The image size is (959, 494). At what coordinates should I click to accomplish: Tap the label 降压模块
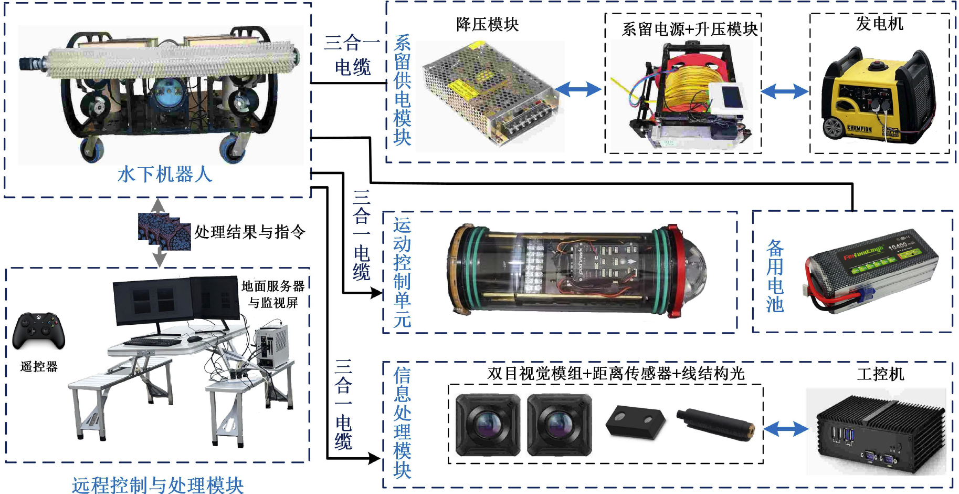487,24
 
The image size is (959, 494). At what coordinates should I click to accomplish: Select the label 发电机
880,24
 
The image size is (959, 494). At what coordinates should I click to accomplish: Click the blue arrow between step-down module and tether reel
578,89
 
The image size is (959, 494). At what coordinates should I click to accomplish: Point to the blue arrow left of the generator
784,92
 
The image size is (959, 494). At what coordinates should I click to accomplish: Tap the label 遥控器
39,366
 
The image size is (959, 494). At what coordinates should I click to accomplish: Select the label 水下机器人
164,174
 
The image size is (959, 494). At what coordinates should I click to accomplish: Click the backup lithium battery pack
871,271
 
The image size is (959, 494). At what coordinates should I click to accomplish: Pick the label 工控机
880,374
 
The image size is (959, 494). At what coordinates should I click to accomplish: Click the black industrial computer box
879,431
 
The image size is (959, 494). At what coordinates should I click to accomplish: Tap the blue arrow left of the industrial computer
785,429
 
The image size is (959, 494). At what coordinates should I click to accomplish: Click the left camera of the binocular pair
488,425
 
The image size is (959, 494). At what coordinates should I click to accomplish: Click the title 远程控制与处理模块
157,485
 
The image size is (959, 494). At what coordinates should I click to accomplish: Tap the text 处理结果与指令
250,232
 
